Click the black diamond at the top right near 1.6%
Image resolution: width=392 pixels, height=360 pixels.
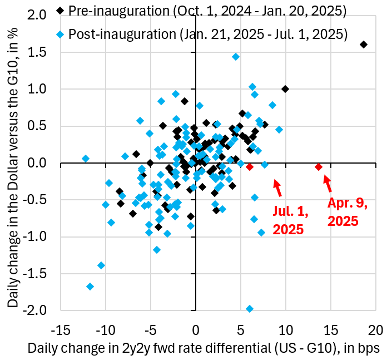(x=364, y=45)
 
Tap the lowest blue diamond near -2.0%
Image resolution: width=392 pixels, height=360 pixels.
(x=250, y=309)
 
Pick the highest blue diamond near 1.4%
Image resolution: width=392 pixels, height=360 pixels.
(x=236, y=57)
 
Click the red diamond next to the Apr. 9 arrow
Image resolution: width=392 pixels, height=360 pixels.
(x=319, y=167)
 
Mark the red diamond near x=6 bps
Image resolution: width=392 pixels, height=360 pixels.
(x=250, y=167)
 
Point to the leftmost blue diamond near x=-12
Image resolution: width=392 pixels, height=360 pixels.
(x=86, y=159)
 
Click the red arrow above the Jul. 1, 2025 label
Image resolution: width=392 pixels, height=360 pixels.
(x=279, y=188)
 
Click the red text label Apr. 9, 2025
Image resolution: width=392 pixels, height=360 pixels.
(x=348, y=212)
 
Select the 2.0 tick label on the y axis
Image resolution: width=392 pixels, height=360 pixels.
(x=43, y=16)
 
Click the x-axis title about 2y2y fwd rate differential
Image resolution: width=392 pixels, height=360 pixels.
(x=205, y=348)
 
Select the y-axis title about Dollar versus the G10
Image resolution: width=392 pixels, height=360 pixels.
(x=14, y=161)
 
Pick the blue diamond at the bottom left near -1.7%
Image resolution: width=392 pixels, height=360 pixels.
(x=90, y=287)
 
